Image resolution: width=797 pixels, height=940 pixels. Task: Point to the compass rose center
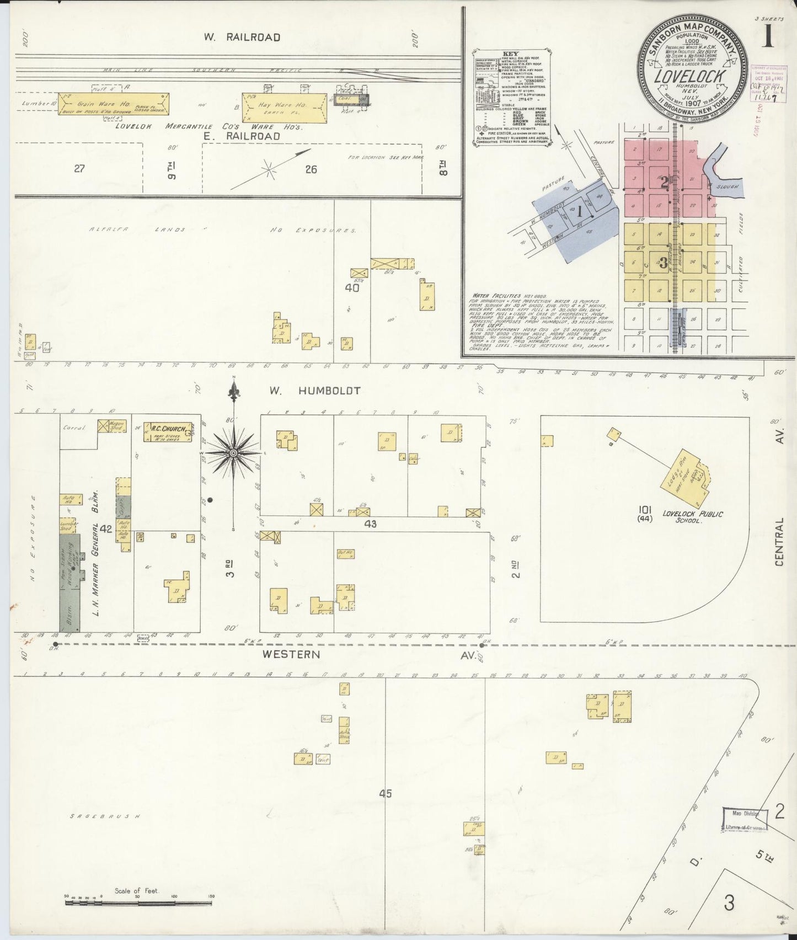(x=234, y=453)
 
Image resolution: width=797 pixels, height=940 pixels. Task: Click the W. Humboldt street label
(x=314, y=391)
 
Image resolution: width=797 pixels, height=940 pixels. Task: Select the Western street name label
(x=291, y=654)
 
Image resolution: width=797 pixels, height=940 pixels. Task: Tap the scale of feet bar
(x=138, y=904)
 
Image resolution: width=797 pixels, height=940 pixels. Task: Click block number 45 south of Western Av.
(x=386, y=793)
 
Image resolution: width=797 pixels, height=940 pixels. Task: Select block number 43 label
(x=370, y=524)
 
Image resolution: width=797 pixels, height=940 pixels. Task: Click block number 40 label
(x=352, y=287)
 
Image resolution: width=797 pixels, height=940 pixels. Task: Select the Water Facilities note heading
(x=490, y=296)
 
